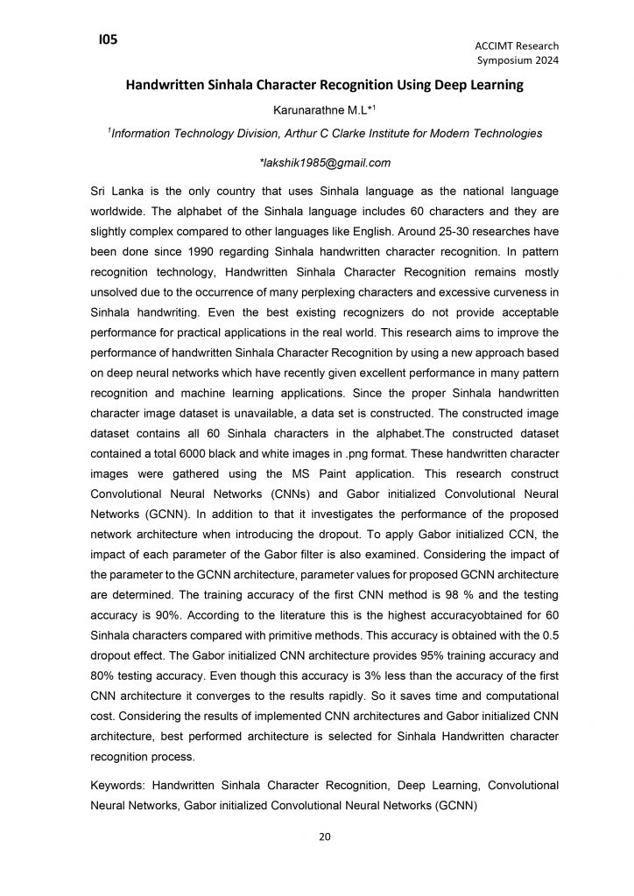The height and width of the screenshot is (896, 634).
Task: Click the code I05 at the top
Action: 109,39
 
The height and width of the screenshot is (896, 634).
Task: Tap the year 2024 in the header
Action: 545,60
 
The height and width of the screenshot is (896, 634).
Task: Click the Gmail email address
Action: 325,163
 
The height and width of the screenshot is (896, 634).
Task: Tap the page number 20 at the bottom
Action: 324,837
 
